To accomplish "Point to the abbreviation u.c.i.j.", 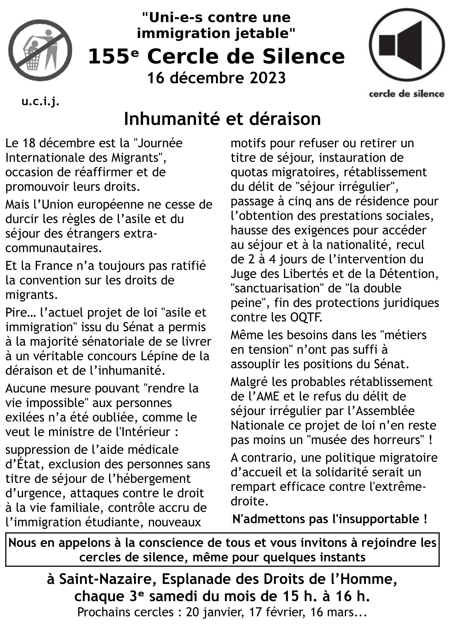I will (40, 102).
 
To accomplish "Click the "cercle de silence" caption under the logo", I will (406, 94).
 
